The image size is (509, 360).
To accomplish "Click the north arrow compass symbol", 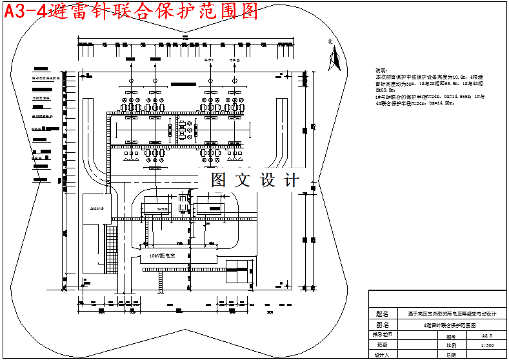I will coord(334,59).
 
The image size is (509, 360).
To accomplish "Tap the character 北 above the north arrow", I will coord(330,42).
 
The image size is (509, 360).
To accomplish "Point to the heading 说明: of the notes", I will coord(381,70).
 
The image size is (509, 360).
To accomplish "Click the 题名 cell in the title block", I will coord(383,314).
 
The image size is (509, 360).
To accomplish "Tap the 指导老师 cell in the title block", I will coord(383,335).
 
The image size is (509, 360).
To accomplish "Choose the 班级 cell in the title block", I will coord(383,345).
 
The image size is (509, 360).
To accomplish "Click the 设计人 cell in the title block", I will coord(383,355).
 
